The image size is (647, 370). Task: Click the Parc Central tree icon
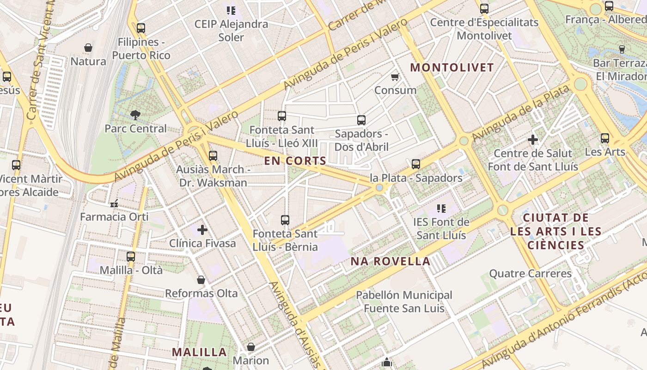coord(135,115)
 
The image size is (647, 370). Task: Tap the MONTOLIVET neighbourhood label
coord(452,68)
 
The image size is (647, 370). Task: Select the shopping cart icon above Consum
coord(395,77)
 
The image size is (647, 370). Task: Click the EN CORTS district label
coord(295,161)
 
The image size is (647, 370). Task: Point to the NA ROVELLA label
coord(391,261)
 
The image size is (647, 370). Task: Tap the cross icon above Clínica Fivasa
coord(202,229)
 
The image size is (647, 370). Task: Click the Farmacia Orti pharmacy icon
coord(114,203)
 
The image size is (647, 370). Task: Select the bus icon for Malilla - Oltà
coord(131,256)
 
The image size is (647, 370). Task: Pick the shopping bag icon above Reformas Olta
coord(201,280)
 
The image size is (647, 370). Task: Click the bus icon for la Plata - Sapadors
coord(416,164)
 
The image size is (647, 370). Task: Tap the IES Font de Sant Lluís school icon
coord(441,209)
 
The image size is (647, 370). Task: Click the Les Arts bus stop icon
coord(605,138)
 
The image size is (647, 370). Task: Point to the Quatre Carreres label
coord(531,273)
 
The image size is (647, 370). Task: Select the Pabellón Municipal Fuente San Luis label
coord(404,302)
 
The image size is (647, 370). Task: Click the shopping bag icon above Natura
coord(88,48)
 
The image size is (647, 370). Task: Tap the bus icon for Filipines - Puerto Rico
coord(141,28)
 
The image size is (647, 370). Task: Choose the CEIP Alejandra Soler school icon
coord(231,10)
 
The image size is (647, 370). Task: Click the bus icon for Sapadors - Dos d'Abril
coord(361,120)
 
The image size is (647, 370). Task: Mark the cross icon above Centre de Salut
coord(533,139)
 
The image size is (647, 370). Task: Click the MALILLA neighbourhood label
coord(200,352)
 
